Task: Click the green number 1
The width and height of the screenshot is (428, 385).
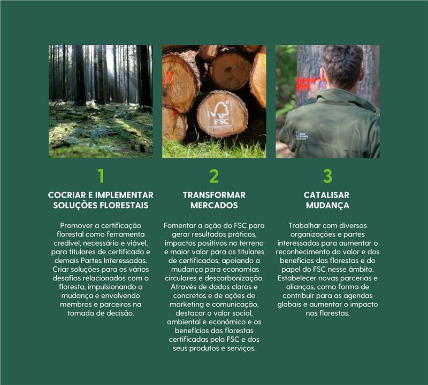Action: point(101,176)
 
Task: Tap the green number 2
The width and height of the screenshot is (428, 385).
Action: point(214,176)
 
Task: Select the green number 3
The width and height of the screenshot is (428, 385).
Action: point(327,176)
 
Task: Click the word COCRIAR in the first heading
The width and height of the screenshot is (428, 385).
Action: point(67,195)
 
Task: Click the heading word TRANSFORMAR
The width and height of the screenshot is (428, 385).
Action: point(214,195)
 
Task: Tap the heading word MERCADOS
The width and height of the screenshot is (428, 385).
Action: point(214,205)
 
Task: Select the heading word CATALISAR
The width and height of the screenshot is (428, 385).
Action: point(326,195)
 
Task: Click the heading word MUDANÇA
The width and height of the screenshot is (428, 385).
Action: point(327,206)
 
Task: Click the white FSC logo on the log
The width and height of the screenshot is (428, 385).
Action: point(220,113)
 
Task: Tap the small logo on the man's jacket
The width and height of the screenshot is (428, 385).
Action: point(302,136)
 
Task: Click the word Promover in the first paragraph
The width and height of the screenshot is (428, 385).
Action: point(76,225)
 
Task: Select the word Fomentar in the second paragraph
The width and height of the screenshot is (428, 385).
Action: point(180,225)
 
